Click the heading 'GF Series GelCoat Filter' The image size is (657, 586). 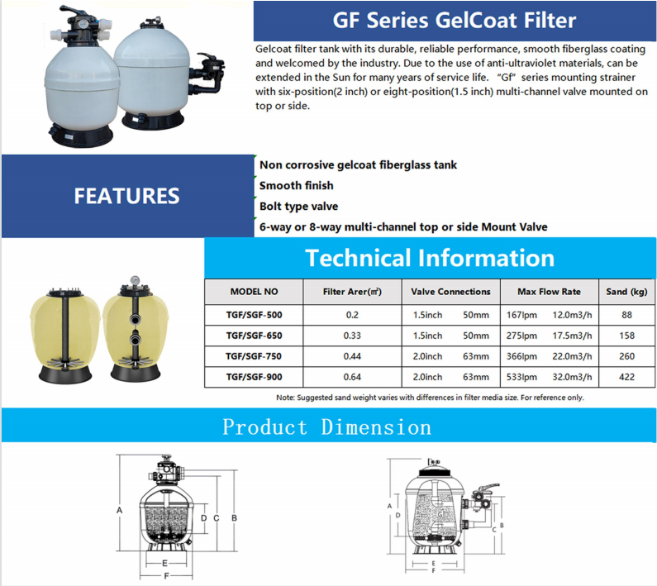pos(454,20)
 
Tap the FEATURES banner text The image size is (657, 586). pos(126,196)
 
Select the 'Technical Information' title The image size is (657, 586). pos(429,257)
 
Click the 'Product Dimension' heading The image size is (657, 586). pos(327,427)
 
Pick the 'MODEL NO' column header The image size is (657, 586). pos(254,292)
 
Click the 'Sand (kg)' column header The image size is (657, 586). pos(626,292)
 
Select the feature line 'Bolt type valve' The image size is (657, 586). pos(298,206)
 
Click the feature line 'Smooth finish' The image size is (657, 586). pos(296,186)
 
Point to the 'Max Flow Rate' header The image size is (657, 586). pos(549,292)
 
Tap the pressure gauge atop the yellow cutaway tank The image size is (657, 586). pos(133,281)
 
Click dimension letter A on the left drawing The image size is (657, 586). pos(120,510)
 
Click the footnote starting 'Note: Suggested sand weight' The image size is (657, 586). pos(430,398)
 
